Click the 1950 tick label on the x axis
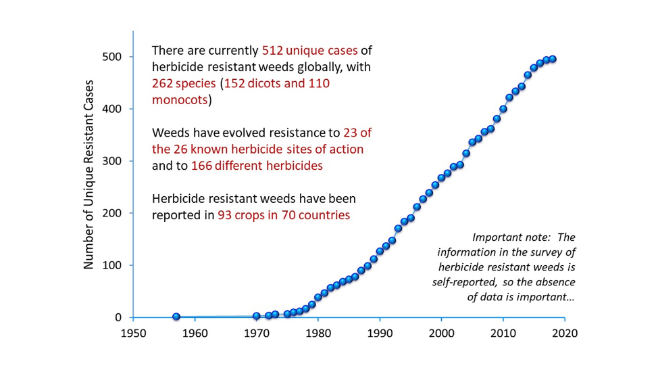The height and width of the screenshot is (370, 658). click(134, 333)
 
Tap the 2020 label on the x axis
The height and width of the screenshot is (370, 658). click(563, 333)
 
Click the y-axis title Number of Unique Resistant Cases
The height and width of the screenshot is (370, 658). click(88, 175)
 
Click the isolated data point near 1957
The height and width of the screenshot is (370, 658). click(176, 317)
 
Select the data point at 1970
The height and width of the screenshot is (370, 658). click(257, 316)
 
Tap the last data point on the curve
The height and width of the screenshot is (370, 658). click(552, 59)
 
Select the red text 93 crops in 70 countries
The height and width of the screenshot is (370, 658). click(284, 216)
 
